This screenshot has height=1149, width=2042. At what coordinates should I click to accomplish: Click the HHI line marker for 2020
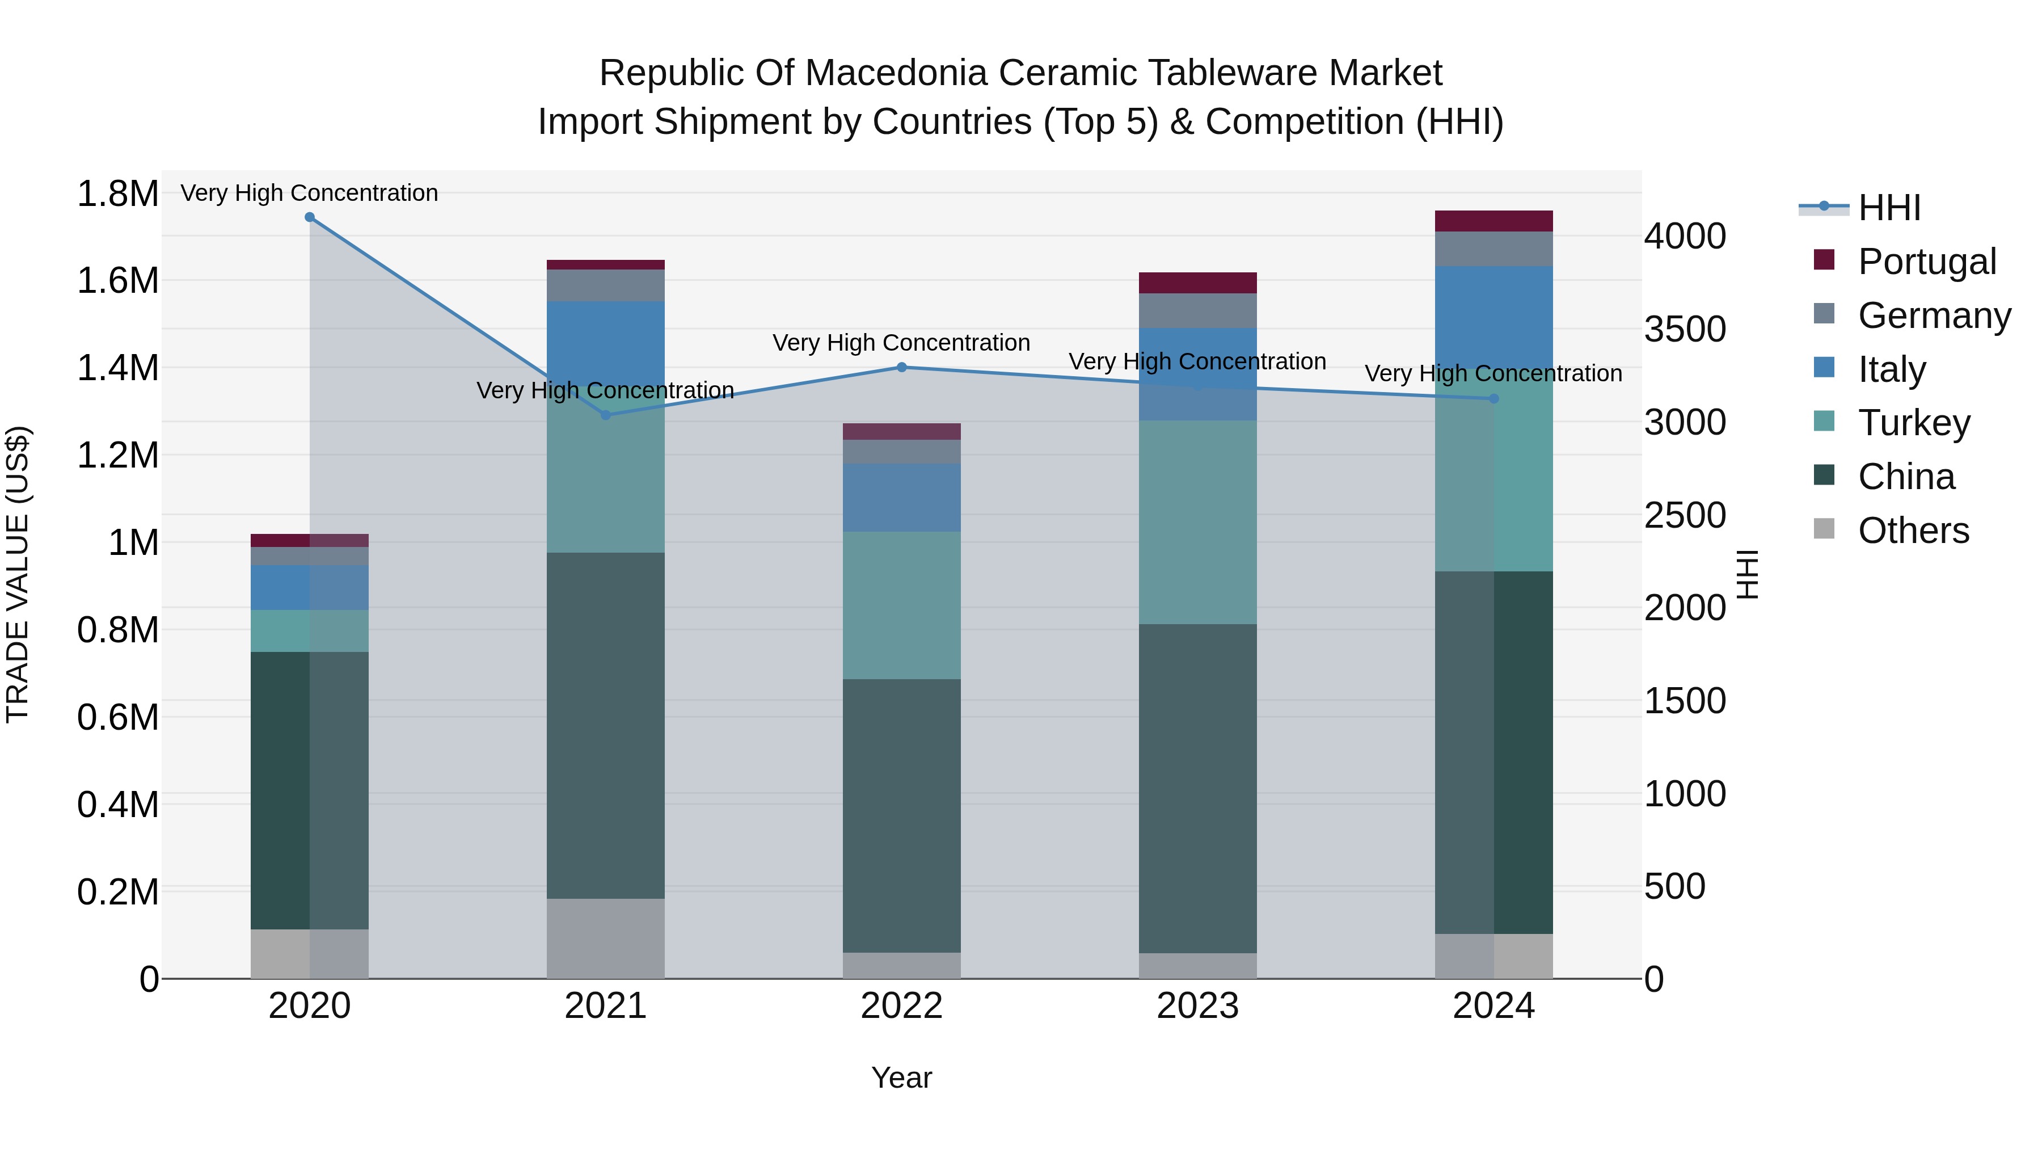tap(310, 217)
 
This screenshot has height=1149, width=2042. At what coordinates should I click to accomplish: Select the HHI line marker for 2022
tap(901, 367)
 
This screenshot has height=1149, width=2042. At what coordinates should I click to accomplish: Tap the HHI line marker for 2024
tap(1493, 399)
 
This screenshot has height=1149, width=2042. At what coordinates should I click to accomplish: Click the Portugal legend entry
tap(1926, 262)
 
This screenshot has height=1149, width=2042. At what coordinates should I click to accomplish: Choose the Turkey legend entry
tap(1914, 423)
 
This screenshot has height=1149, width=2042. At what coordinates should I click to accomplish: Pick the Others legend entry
tap(1913, 531)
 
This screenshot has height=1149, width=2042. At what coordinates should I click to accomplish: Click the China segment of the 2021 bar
tap(606, 726)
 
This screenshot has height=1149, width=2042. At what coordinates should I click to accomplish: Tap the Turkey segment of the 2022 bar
tap(901, 605)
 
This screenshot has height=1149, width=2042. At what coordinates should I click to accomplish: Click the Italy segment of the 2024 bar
tap(1493, 317)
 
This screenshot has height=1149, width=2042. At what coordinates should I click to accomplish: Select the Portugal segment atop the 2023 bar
tap(1198, 283)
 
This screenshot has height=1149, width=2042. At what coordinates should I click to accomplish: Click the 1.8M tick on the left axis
tap(117, 194)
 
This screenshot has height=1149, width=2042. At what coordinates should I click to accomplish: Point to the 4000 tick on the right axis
tap(1685, 236)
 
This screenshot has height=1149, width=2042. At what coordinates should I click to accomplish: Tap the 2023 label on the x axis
tap(1198, 1006)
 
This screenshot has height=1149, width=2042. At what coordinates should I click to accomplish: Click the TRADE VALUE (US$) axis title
tap(18, 574)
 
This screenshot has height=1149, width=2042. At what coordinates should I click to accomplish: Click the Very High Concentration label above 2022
tap(901, 343)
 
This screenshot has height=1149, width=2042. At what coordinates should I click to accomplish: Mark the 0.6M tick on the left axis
tap(117, 718)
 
